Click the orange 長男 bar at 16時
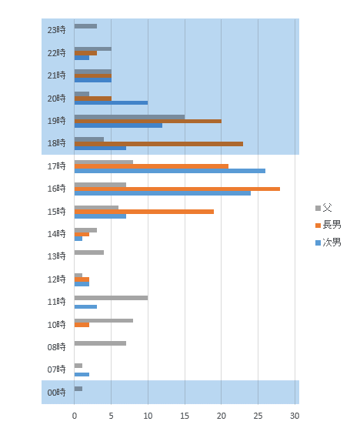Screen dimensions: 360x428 [177, 189]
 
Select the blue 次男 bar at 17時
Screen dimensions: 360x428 [170, 171]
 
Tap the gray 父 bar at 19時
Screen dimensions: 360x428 [129, 117]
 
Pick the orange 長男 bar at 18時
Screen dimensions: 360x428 [158, 144]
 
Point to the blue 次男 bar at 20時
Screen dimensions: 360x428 [111, 102]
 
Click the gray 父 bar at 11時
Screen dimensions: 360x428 [111, 298]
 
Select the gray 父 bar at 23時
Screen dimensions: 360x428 [85, 26]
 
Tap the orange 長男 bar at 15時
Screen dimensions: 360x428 [144, 212]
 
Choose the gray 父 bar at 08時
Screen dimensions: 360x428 [100, 343]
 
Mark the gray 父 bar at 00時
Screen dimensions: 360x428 [78, 389]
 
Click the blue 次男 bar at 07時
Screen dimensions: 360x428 [82, 374]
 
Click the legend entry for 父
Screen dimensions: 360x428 [324, 208]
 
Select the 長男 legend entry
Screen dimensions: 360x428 [328, 225]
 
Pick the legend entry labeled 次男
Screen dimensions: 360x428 [328, 242]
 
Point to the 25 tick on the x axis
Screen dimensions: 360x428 [258, 416]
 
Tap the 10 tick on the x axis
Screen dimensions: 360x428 [148, 416]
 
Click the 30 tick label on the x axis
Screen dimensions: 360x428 [295, 416]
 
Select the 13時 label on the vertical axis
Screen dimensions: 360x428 [56, 256]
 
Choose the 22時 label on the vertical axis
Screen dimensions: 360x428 [56, 52]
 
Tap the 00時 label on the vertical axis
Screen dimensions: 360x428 [56, 393]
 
